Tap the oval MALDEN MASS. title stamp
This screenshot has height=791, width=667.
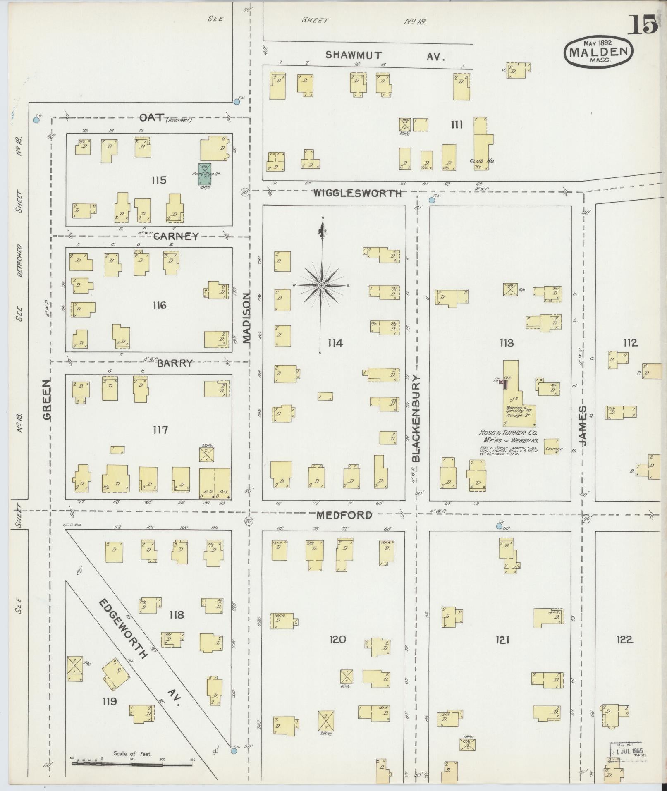click(598, 51)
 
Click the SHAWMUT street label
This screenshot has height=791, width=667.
click(353, 55)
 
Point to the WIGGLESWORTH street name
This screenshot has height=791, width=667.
click(357, 193)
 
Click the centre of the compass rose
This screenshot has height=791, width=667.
click(321, 286)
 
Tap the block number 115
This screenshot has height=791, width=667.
click(158, 180)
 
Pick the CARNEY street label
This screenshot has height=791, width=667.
click(176, 237)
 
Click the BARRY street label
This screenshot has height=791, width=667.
click(175, 363)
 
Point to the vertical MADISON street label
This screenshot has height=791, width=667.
click(247, 318)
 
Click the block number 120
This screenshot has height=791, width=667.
click(337, 640)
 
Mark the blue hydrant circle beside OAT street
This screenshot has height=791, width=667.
click(36, 120)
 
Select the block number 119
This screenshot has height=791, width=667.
click(110, 701)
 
